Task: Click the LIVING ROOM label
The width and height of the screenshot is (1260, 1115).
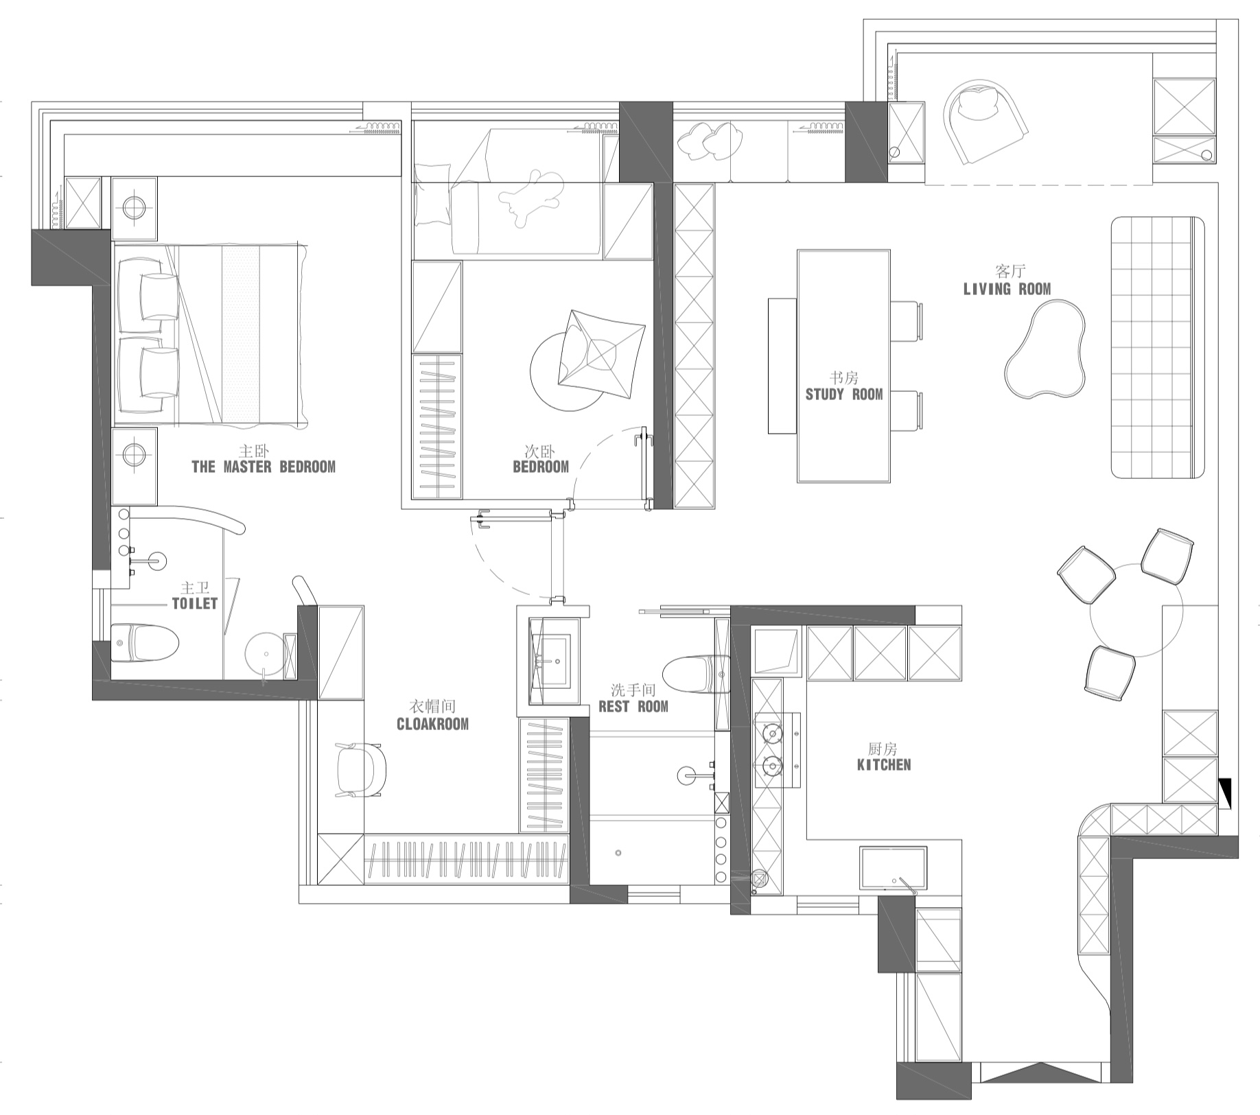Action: (1007, 289)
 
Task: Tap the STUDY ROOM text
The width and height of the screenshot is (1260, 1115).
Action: (844, 394)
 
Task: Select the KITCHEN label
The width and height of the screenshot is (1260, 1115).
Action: (884, 764)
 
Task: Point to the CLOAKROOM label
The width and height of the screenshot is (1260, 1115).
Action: (432, 724)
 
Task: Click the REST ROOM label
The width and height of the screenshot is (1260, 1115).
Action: (633, 706)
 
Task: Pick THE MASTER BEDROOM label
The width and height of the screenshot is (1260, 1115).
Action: (264, 467)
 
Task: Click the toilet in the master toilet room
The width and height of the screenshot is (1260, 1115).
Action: (145, 643)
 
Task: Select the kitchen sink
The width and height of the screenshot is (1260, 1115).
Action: (893, 868)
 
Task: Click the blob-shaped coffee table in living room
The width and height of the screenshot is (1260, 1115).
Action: (1046, 349)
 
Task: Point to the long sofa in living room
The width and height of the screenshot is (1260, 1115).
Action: (1158, 347)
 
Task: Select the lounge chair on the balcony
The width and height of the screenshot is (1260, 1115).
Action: (985, 121)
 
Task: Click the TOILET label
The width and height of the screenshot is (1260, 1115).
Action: (195, 603)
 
